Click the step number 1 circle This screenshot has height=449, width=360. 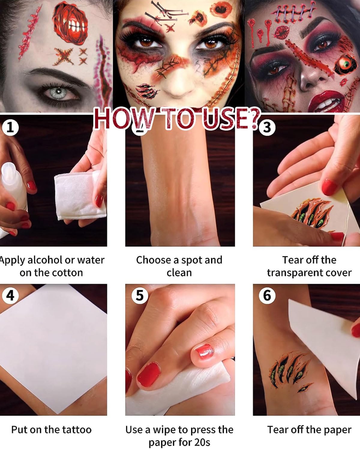tap(10, 127)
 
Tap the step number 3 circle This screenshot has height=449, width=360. tap(267, 127)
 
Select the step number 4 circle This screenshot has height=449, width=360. tap(10, 296)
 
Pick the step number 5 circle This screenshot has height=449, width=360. tap(140, 296)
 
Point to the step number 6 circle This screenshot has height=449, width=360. tap(267, 296)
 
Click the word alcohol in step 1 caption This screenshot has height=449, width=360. tap(45, 261)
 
